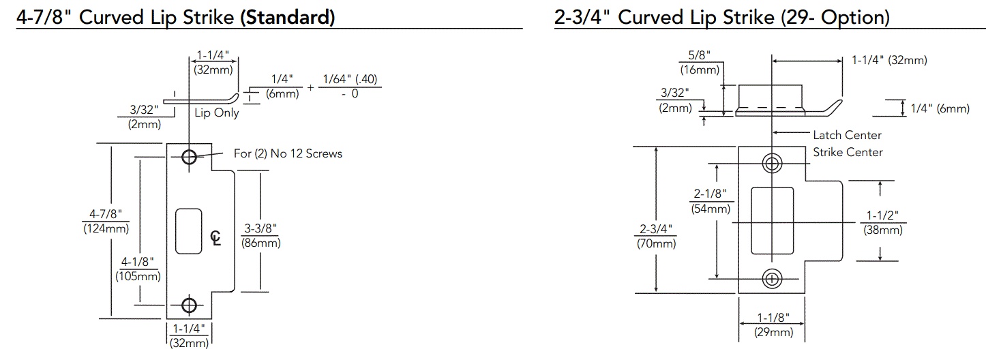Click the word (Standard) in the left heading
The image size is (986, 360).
pos(287,16)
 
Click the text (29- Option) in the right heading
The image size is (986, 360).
pos(835,16)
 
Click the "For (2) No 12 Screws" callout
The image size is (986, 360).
pos(288,153)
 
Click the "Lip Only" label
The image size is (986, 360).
pos(217,112)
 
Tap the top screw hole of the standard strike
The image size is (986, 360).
pos(189,157)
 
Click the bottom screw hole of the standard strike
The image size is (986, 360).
pos(189,305)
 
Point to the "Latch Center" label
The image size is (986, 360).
pos(847,135)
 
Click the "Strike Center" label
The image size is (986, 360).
pos(848,152)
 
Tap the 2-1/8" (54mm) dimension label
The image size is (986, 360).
pos(711,201)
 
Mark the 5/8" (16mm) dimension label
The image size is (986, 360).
pos(700,63)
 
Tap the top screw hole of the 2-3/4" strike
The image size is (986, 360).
pos(772,163)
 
